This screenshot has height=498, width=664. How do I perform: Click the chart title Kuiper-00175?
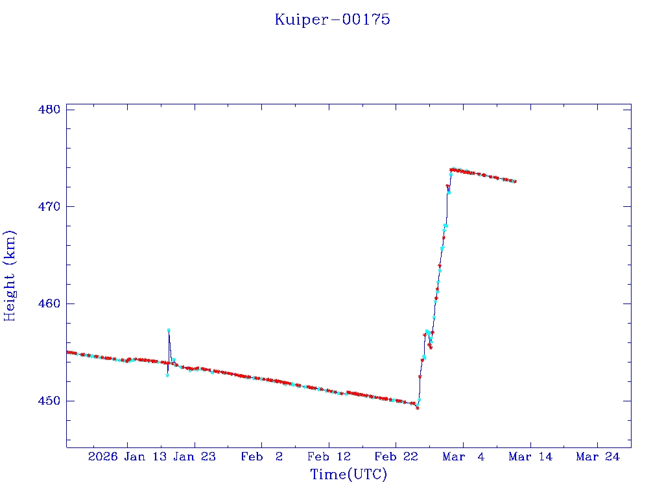(332, 19)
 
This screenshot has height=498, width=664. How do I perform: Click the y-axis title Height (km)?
(10, 276)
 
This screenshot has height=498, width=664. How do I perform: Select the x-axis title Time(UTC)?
(349, 475)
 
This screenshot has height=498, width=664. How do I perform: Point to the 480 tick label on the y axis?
(49, 109)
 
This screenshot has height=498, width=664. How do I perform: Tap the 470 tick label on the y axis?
(49, 206)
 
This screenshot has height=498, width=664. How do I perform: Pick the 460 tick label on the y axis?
(49, 303)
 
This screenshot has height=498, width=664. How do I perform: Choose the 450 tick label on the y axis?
(49, 401)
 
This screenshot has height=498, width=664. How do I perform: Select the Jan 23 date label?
(195, 456)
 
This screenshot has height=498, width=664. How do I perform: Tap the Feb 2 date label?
(262, 456)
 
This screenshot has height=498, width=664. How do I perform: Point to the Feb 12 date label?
(329, 456)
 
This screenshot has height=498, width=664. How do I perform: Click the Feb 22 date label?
(396, 456)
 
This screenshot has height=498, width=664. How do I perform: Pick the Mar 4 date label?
(463, 456)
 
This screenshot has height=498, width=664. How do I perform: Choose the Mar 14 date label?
(530, 456)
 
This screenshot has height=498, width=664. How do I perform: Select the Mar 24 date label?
(597, 456)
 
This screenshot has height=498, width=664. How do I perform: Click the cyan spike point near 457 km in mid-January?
(169, 330)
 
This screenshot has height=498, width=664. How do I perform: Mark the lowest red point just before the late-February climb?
(418, 408)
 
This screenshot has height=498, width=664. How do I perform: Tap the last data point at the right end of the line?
(515, 182)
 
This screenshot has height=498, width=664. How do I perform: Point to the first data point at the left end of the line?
(67, 352)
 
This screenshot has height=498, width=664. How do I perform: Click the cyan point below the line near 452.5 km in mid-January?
(167, 375)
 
